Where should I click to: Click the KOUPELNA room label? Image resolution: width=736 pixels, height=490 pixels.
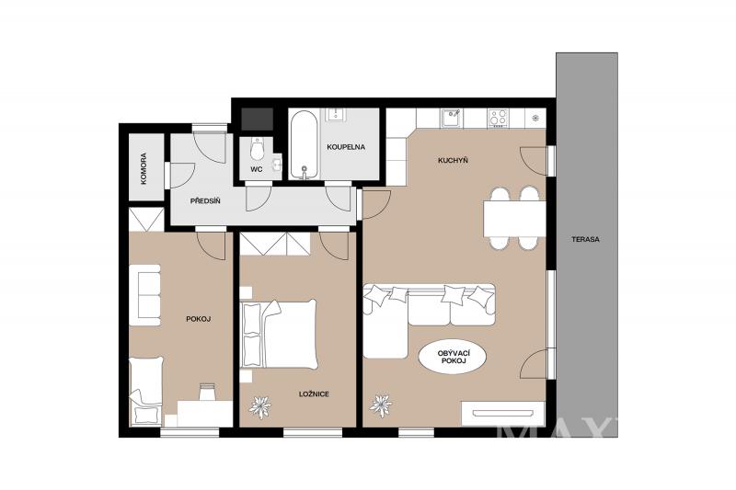coord(346,147)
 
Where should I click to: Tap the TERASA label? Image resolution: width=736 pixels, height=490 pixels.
coord(585,239)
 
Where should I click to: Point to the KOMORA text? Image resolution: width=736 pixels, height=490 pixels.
coord(144,168)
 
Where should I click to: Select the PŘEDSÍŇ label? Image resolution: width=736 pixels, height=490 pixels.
coord(205,201)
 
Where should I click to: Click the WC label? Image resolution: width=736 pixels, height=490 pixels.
coord(257,169)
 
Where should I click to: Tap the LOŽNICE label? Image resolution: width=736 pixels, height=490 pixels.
coord(314,394)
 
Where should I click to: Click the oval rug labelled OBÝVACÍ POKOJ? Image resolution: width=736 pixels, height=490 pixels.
coord(452,357)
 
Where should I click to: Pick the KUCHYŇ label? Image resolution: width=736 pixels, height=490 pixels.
coord(453,160)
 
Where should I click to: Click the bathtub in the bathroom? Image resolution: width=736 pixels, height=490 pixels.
coord(305,144)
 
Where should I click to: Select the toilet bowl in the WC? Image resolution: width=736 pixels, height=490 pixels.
coord(257,149)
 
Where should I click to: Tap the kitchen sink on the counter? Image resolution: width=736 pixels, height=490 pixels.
coord(452,118)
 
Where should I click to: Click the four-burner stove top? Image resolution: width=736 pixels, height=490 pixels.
coord(499,118)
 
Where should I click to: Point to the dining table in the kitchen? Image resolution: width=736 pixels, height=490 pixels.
coord(514,219)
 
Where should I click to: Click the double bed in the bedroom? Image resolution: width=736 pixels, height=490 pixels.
coord(279,334)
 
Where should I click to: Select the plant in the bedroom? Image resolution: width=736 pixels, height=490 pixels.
coord(260,406)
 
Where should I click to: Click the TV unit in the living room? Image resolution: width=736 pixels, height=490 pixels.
coord(503,414)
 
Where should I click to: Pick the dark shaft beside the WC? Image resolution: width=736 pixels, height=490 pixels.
coord(257,120)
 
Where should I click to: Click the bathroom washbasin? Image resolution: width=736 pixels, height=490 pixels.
coord(335,114)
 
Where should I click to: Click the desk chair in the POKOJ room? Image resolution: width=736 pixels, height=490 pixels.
coord(207,392)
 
